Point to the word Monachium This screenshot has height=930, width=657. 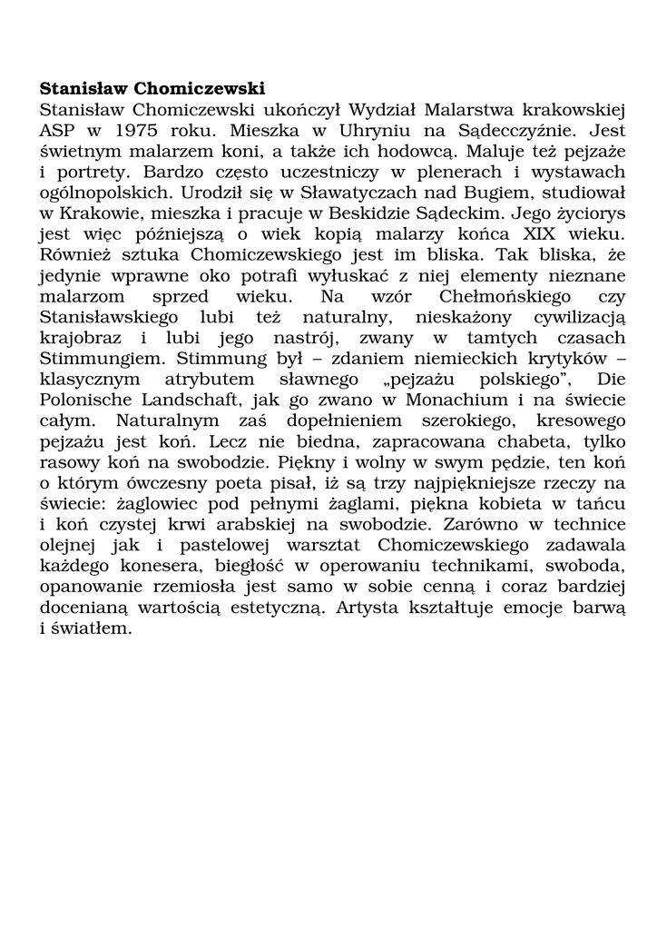coord(425,402)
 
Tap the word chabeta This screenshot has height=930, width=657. coord(519,444)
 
